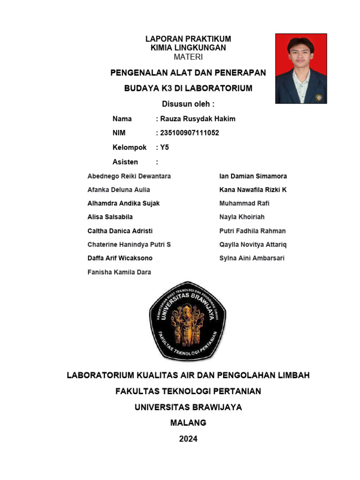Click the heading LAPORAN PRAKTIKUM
coord(188,39)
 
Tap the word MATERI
coord(188,57)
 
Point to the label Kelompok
coord(129,148)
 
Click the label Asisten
coord(125,162)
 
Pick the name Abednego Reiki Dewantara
coord(129,176)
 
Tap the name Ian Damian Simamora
coord(253,176)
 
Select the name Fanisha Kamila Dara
coord(119,272)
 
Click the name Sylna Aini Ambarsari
coord(252,258)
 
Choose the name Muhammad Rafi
coord(244,203)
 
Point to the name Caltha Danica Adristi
coord(120,231)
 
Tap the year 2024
coord(188,439)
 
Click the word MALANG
coord(188,423)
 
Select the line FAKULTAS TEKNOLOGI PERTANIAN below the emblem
coord(188,391)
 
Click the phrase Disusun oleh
coord(188,104)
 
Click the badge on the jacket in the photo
coord(319,97)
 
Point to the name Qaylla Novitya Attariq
coord(253,245)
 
